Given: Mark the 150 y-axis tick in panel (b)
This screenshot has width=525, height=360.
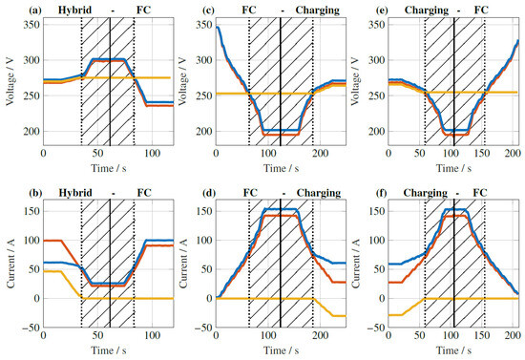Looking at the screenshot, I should [x=29, y=205].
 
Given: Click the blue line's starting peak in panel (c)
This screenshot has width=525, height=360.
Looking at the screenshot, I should [x=218, y=28].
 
